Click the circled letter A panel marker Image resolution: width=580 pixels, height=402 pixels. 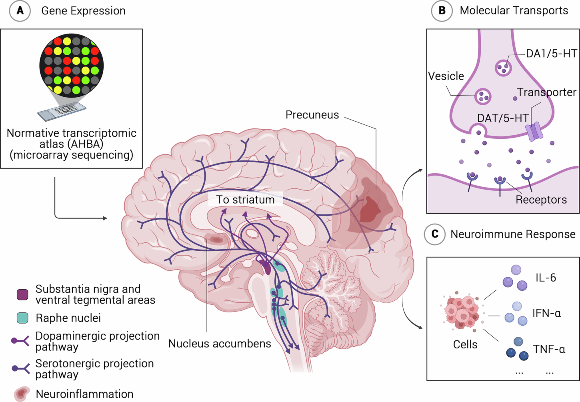coord(20,11)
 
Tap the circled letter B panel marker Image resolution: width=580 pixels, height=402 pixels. coord(442,11)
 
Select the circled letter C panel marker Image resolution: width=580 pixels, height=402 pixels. coord(435,234)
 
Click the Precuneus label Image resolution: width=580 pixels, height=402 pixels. coord(312,115)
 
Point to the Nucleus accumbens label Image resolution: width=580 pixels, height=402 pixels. coord(220,344)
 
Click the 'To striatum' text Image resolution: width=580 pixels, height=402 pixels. coord(245,200)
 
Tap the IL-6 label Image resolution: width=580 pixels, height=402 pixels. coord(546,278)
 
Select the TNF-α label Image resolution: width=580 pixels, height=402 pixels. coord(549,349)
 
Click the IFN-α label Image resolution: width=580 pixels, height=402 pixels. coord(546,313)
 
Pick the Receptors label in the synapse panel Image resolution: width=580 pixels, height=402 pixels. coord(541,200)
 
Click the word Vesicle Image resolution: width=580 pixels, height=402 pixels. coord(446,76)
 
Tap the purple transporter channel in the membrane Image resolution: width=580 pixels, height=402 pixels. coord(534,131)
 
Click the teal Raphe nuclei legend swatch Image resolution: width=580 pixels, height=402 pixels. coord(22,318)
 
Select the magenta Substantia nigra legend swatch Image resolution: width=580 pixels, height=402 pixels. coord(22,294)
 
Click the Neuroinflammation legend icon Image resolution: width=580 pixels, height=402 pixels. coord(22,394)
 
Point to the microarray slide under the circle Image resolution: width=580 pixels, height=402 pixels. coord(62,111)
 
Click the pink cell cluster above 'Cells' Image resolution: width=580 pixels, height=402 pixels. coord(462,312)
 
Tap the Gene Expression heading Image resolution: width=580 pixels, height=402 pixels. coord(83,11)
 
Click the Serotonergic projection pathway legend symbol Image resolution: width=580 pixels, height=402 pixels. coord(20,368)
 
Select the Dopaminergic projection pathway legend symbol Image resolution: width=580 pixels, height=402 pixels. coord(20,341)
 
